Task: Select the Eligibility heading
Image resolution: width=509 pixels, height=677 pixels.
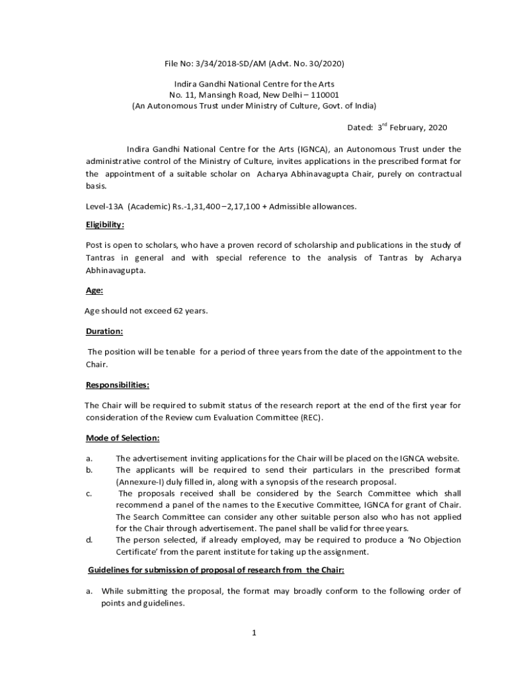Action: click(x=105, y=225)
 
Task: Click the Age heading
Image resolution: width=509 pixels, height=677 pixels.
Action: click(x=94, y=290)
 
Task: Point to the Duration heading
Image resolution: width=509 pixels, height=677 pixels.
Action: click(x=104, y=331)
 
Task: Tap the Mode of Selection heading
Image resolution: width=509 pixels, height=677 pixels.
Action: click(x=122, y=438)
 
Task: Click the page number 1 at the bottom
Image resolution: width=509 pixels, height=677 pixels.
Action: click(x=254, y=633)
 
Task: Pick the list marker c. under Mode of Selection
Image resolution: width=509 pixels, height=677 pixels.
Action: click(x=89, y=493)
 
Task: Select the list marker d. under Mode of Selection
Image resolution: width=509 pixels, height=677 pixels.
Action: click(x=89, y=540)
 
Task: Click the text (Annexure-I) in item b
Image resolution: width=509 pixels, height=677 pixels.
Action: click(x=140, y=481)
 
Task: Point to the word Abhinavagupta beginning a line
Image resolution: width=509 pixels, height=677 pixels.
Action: click(x=114, y=270)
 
